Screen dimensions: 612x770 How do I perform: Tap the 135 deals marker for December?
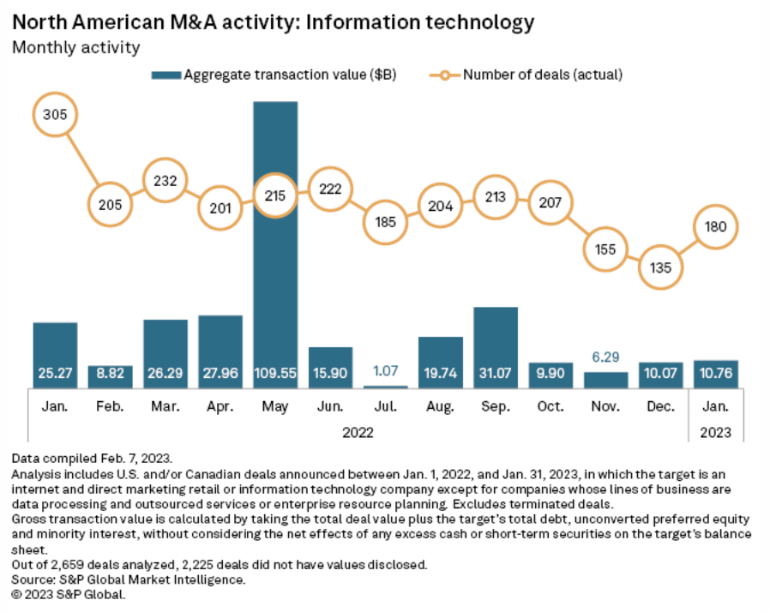pos(661,267)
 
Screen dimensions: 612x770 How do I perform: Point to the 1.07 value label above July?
pos(386,372)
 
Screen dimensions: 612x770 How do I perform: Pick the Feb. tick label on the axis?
pos(110,405)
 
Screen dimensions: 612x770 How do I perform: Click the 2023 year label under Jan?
pos(715,432)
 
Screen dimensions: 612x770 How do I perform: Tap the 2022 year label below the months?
pos(358,432)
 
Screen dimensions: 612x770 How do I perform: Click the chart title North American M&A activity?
pos(273,21)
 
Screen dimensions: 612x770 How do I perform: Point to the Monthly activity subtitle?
pos(75,46)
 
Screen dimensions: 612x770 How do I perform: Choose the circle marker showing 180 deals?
pos(714,227)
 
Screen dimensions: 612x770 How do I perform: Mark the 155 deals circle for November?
pos(605,249)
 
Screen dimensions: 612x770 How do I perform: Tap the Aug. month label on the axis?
pos(440,405)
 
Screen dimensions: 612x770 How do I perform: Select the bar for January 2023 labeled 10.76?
pos(715,374)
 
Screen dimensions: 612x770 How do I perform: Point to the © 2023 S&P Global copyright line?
pos(69,593)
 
